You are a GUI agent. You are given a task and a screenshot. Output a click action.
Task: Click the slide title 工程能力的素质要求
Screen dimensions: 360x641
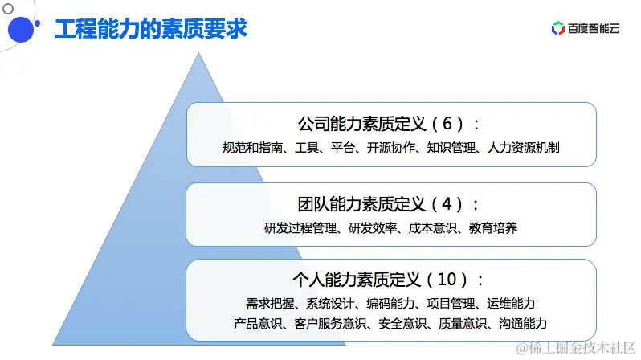click(x=150, y=29)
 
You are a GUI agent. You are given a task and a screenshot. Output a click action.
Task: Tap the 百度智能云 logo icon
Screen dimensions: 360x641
click(x=558, y=29)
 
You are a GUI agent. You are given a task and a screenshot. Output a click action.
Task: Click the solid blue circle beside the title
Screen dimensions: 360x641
click(x=25, y=31)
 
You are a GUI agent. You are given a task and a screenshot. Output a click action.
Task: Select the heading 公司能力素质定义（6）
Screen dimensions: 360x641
click(x=390, y=124)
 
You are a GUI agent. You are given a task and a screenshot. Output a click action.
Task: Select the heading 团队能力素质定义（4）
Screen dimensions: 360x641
click(x=390, y=203)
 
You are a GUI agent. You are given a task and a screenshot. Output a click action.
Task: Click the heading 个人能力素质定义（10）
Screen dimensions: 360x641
click(x=390, y=280)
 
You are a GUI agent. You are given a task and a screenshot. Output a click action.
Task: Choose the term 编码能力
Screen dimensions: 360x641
click(x=391, y=303)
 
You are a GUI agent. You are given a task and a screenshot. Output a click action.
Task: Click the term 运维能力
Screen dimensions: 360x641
click(x=511, y=303)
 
